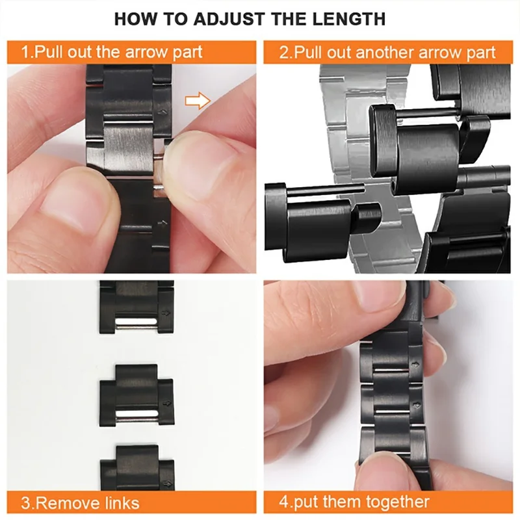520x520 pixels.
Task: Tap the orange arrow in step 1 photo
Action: [x=198, y=100]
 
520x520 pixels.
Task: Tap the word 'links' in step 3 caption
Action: [x=122, y=502]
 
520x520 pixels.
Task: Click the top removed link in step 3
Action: [x=136, y=309]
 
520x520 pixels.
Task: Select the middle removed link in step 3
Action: [x=136, y=395]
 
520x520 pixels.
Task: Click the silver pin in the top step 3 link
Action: [x=136, y=322]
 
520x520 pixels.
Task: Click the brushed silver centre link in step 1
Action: [x=123, y=146]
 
